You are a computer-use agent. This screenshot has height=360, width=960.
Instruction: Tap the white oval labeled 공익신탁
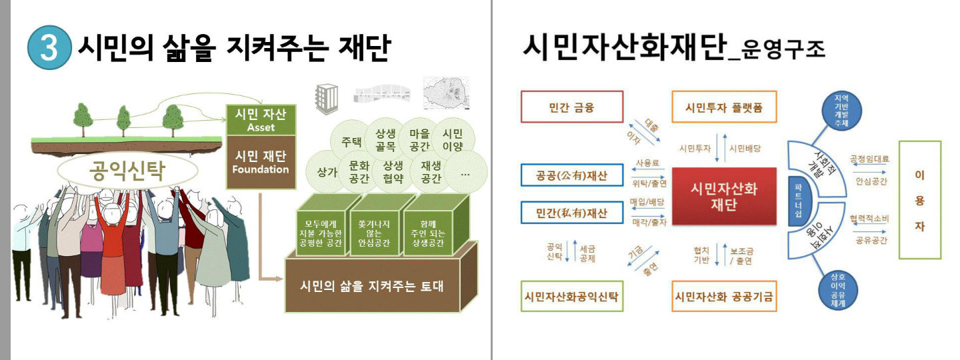pyautogui.click(x=127, y=172)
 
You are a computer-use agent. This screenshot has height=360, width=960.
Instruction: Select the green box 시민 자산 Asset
pyautogui.click(x=261, y=119)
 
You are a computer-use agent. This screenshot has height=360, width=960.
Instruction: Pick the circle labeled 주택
pyautogui.click(x=351, y=141)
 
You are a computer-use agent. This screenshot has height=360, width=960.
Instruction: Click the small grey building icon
pyautogui.click(x=326, y=99)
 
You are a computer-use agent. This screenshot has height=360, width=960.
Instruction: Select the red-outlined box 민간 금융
pyautogui.click(x=571, y=107)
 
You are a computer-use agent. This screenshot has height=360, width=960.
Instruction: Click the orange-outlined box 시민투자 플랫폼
pyautogui.click(x=724, y=107)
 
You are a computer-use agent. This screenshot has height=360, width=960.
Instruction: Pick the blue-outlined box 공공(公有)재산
pyautogui.click(x=571, y=177)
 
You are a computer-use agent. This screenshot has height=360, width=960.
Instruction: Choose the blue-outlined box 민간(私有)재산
pyautogui.click(x=571, y=213)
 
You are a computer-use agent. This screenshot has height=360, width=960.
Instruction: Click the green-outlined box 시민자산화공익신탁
pyautogui.click(x=571, y=297)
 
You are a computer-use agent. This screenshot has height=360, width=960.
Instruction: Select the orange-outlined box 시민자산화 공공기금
pyautogui.click(x=724, y=297)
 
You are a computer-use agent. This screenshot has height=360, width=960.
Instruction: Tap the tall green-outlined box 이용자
pyautogui.click(x=919, y=200)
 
